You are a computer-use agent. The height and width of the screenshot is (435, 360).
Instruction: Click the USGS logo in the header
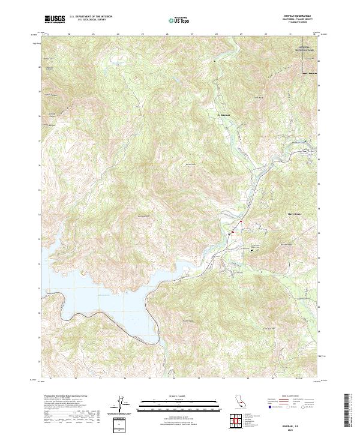(54, 19)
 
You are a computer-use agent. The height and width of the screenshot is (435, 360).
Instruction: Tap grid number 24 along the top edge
(118, 34)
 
